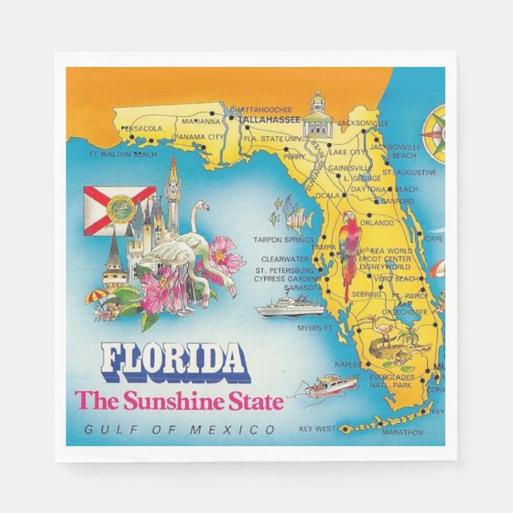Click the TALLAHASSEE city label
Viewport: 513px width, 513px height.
271,120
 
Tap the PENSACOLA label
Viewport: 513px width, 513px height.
143,128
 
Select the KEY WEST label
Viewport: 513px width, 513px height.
318,429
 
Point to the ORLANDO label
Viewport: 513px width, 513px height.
377,224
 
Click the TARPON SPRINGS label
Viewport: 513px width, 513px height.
283,239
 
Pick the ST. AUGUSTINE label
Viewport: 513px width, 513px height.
409,172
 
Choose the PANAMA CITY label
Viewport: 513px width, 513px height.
198,137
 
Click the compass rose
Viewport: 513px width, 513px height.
435,133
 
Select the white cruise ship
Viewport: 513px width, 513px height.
289,304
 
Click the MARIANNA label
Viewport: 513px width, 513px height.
200,122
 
